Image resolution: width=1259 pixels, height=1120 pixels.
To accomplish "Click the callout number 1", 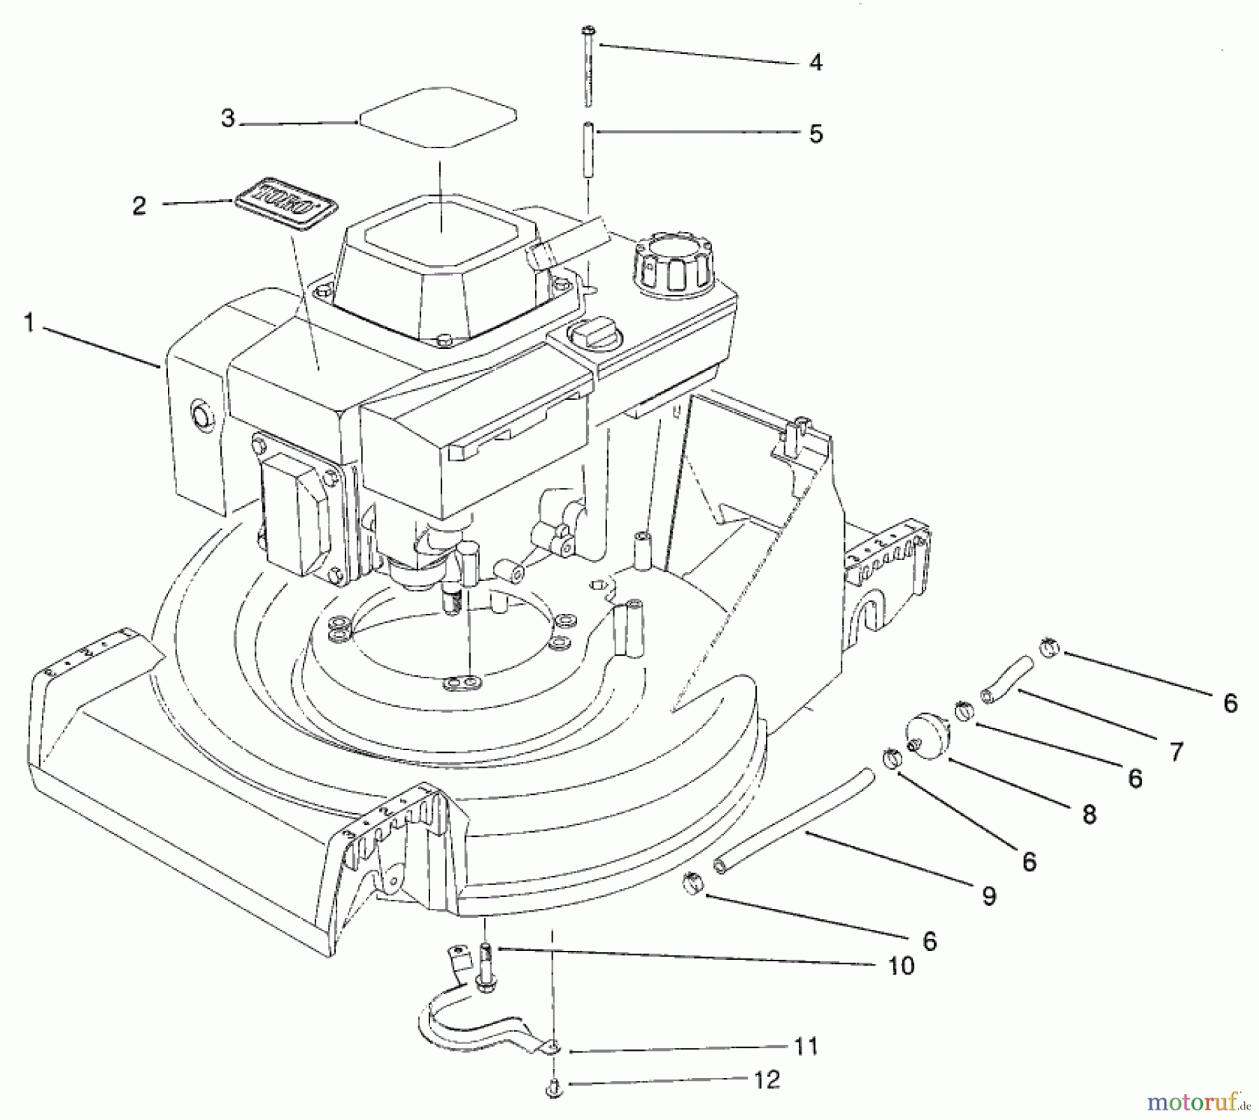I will (29, 323).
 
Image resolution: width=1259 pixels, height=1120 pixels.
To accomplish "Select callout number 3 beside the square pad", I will (227, 119).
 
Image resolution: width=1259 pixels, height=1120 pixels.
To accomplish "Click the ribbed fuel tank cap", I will (673, 265).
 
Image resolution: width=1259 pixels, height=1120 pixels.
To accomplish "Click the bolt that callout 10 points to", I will (484, 964).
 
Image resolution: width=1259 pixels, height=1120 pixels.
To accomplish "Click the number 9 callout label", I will (988, 896).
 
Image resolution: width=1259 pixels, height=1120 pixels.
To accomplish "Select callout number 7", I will (1176, 752).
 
